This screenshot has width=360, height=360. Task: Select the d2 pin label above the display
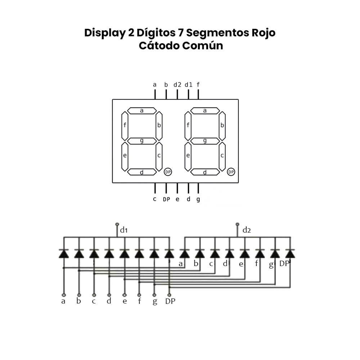pos(177,85)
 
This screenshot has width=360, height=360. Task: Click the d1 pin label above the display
pos(188,85)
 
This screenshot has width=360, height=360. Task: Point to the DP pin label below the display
pos(166,199)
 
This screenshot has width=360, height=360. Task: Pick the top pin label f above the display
pos(198,85)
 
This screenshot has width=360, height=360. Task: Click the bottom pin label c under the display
pos(155,199)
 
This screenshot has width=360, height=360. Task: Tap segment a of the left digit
pos(142,111)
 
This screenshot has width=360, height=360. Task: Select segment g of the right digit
pos(205,141)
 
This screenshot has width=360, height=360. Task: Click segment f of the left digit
pos(125,126)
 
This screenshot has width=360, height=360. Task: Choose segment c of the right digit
pos(222,156)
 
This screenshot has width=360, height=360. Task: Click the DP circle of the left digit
pos(168,172)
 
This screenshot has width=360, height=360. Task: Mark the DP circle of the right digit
pos(231,172)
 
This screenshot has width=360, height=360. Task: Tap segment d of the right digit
pos(205,172)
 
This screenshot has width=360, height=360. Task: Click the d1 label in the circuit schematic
pos(124,230)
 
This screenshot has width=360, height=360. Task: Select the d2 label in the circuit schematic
pos(247,230)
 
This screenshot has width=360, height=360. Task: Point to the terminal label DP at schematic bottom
pos(170,301)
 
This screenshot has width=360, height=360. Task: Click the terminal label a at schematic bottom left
pos(63,301)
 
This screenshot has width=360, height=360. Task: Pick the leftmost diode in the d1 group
pos(64,254)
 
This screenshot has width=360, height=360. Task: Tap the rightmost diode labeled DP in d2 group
pos(290,254)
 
